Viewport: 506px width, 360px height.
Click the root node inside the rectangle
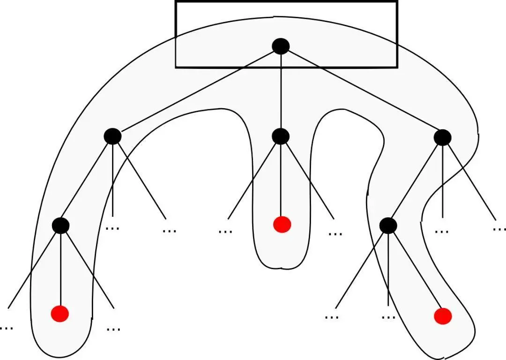(x=281, y=46)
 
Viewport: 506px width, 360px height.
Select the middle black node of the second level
(x=281, y=136)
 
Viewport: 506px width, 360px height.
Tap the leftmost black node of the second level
(x=112, y=136)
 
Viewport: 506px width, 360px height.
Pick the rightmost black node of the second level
(x=442, y=137)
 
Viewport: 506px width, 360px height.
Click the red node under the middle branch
(x=282, y=225)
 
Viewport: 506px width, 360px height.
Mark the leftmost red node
(x=60, y=313)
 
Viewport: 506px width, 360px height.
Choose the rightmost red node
(x=443, y=316)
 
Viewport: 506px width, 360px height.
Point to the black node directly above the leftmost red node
(x=61, y=226)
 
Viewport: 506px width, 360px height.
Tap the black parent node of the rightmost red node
(x=388, y=226)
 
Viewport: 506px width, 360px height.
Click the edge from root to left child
(x=197, y=91)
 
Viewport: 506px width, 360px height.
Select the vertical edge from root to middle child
(x=281, y=91)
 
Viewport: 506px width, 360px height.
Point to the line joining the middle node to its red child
(x=281, y=180)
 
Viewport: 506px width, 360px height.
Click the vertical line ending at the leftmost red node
(x=61, y=269)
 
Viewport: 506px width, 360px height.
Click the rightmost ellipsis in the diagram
(x=499, y=229)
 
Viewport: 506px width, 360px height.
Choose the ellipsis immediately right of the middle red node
(x=335, y=233)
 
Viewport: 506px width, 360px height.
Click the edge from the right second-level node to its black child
(x=415, y=182)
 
